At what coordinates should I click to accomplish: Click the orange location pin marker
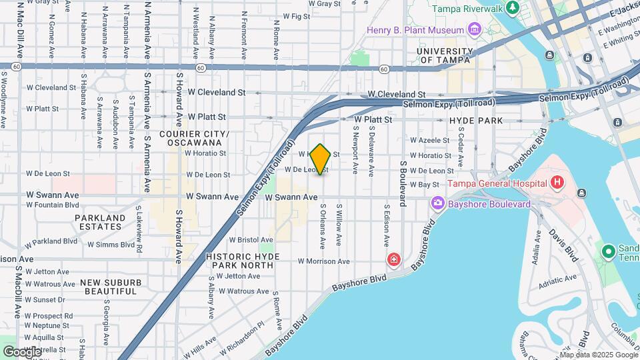[320, 159]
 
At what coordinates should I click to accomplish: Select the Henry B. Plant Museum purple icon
[474, 29]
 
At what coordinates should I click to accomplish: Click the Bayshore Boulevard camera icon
[438, 202]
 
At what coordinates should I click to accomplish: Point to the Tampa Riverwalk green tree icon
[513, 8]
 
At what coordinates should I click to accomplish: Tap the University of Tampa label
[443, 55]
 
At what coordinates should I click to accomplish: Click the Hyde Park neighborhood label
[475, 121]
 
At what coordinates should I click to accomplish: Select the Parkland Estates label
[100, 222]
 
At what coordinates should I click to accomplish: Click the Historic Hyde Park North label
[240, 260]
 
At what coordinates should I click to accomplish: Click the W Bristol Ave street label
[251, 239]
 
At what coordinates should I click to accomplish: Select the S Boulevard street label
[403, 183]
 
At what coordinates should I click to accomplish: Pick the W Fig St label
[297, 16]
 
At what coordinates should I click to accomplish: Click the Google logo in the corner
[21, 351]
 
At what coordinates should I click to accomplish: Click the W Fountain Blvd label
[53, 205]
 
